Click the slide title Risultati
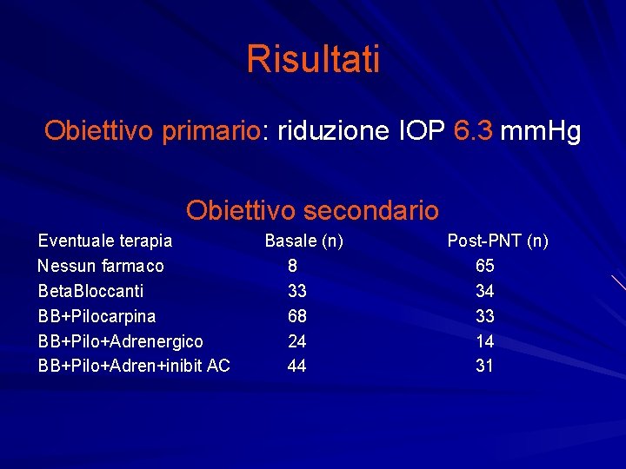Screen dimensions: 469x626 tap(313, 60)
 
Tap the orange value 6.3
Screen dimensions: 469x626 tap(474, 131)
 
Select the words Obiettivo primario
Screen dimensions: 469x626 tap(152, 131)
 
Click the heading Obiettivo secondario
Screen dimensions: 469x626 tap(312, 210)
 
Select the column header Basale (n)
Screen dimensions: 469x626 tap(303, 241)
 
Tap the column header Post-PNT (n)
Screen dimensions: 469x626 tap(497, 241)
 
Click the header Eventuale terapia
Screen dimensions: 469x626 tap(105, 241)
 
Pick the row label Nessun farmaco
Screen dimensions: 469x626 tap(101, 266)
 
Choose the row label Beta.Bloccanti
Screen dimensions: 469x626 tap(91, 291)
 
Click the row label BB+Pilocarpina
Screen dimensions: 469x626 tap(97, 316)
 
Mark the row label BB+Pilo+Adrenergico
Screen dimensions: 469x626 tap(121, 341)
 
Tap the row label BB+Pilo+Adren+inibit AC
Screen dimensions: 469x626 tap(134, 367)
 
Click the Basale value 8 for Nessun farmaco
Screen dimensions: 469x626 tap(292, 266)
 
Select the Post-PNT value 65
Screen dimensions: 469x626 tap(484, 266)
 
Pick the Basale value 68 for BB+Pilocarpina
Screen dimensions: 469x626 tap(296, 316)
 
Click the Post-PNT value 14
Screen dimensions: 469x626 tap(484, 341)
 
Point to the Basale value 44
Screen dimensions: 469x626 tap(296, 367)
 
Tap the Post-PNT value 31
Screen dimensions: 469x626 tap(484, 367)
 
